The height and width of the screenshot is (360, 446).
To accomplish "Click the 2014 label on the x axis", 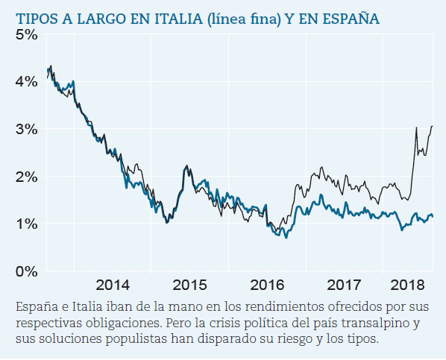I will click(113, 285).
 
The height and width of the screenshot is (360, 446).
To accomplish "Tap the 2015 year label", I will click(189, 285).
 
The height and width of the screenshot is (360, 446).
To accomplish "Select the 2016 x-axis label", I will click(266, 285).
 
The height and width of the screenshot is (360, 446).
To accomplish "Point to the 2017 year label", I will click(343, 285).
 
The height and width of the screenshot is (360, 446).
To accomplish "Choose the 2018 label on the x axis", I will click(407, 285).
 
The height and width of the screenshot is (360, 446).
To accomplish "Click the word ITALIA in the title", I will click(154, 17).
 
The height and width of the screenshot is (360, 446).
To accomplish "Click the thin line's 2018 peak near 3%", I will click(416, 128).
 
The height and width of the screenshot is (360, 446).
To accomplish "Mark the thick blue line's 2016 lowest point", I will click(286, 238).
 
